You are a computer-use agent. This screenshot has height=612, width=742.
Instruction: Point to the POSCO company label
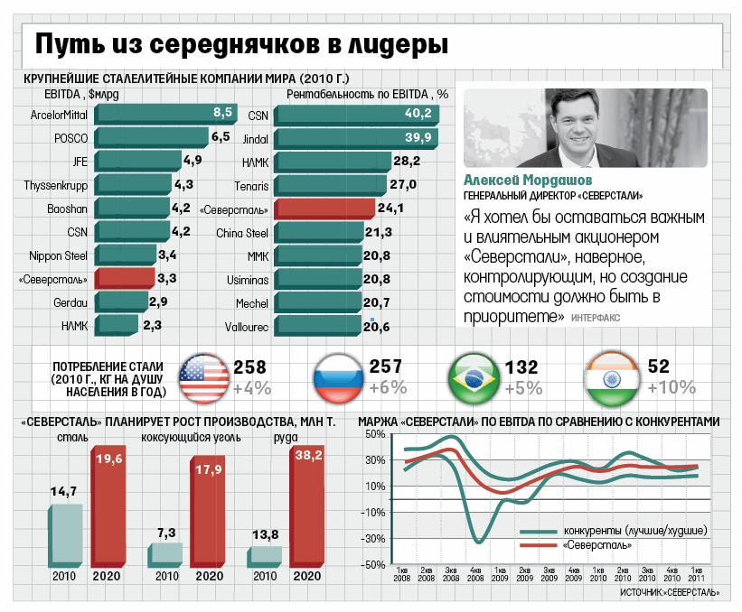(70, 139)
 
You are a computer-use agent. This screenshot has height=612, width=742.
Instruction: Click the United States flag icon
(203, 377)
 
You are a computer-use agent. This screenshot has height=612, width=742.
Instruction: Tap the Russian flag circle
(337, 377)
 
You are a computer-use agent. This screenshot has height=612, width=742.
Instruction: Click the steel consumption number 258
(250, 367)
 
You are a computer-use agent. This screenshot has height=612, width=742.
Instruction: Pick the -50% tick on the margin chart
(372, 565)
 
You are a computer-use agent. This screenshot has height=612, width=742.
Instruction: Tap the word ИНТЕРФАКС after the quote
(596, 319)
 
